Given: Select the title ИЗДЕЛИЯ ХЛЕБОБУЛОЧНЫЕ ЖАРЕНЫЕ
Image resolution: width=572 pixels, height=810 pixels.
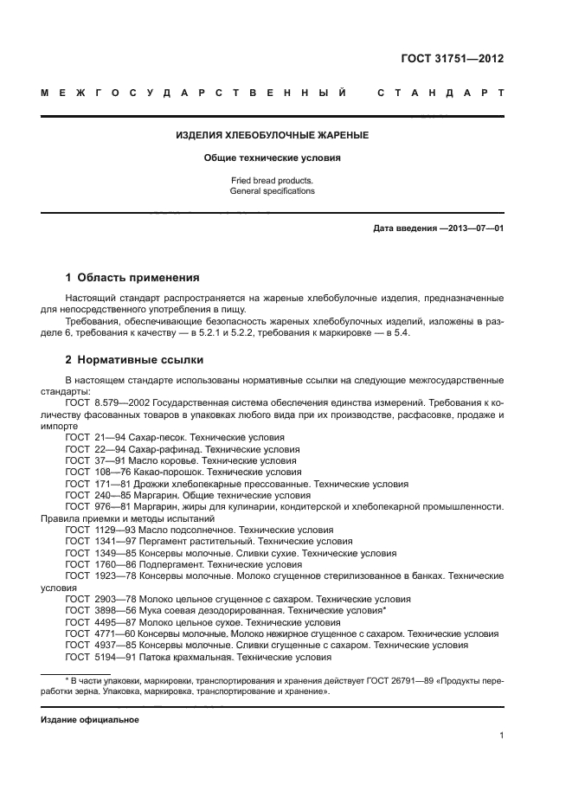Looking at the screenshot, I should click(273, 136).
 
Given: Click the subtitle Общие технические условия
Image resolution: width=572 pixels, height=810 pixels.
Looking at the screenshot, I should click(273, 158).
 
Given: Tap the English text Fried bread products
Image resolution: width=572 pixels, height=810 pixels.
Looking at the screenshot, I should click(272, 180).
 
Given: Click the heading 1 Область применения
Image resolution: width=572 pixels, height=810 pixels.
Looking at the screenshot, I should click(132, 278).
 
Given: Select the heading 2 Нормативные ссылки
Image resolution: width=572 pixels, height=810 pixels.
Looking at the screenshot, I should click(135, 360).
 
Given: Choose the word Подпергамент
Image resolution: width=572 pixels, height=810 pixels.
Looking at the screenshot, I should click(175, 563).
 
